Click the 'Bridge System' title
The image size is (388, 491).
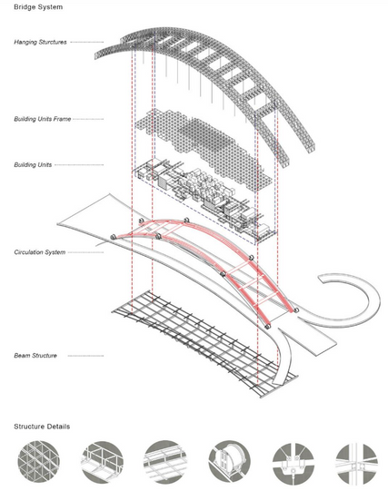38,7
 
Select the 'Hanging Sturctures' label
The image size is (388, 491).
40,42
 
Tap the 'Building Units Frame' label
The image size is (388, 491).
43,119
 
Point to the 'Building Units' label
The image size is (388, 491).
33,164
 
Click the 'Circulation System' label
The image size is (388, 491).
40,252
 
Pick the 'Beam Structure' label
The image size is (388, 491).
35,356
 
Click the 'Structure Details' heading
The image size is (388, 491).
42,427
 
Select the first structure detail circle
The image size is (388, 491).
38,461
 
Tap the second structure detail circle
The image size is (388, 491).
103,461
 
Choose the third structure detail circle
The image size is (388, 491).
165,461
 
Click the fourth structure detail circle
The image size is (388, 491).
229,461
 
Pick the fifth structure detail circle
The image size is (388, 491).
293,461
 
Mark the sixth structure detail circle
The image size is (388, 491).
356,461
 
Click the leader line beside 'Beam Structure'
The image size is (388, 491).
85,356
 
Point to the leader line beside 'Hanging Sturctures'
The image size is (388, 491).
87,42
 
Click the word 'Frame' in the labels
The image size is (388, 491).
63,119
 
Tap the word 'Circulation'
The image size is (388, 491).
28,252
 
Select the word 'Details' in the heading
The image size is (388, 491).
58,427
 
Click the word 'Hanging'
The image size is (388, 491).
25,43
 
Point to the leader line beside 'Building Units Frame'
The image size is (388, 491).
88,119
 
